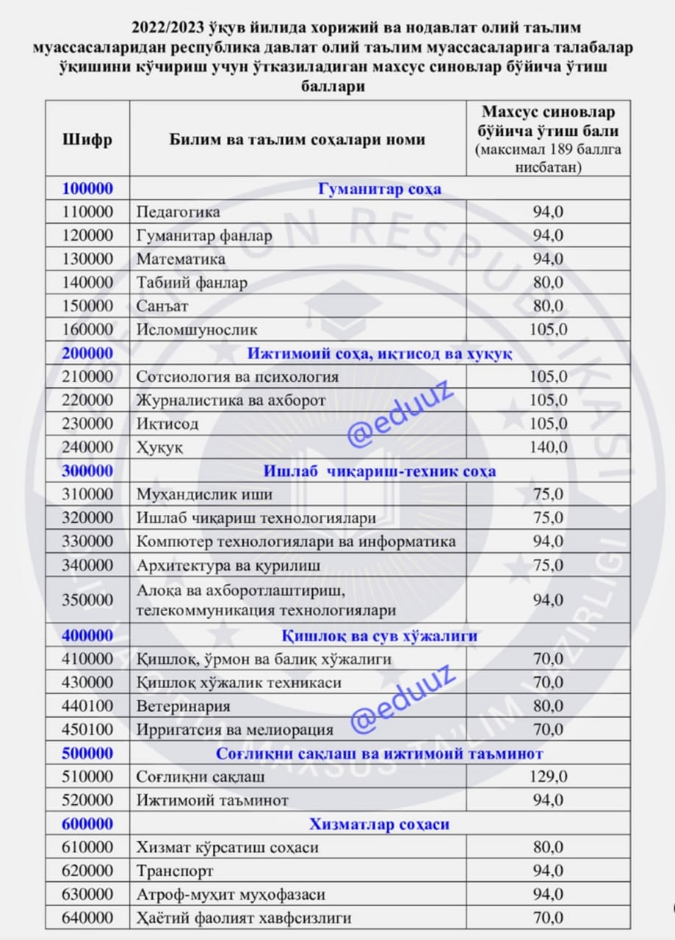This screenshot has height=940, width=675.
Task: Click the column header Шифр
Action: tap(87, 139)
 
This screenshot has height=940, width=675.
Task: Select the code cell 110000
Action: tap(87, 212)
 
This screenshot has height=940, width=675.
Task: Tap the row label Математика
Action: tap(181, 259)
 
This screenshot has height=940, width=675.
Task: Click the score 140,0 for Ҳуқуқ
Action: tap(548, 447)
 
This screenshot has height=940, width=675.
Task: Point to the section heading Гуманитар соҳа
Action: tap(379, 189)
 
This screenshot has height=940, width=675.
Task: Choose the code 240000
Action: tap(87, 447)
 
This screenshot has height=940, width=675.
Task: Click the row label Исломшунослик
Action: tap(197, 330)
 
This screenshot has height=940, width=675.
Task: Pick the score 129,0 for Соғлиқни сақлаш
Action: tap(548, 776)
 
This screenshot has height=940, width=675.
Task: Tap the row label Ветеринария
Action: tap(183, 706)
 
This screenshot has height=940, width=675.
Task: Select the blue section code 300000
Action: tap(87, 471)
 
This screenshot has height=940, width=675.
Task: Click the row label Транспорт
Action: tap(175, 871)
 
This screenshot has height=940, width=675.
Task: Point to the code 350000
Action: tap(87, 600)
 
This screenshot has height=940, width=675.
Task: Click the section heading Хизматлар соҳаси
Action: tap(379, 824)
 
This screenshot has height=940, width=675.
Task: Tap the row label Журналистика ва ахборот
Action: tap(231, 400)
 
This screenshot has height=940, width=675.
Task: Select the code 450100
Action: tap(87, 730)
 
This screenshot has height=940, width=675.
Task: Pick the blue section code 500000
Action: tap(87, 753)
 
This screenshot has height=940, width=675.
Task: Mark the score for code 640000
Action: tap(548, 918)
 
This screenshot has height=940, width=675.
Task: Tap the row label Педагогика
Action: tap(178, 212)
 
